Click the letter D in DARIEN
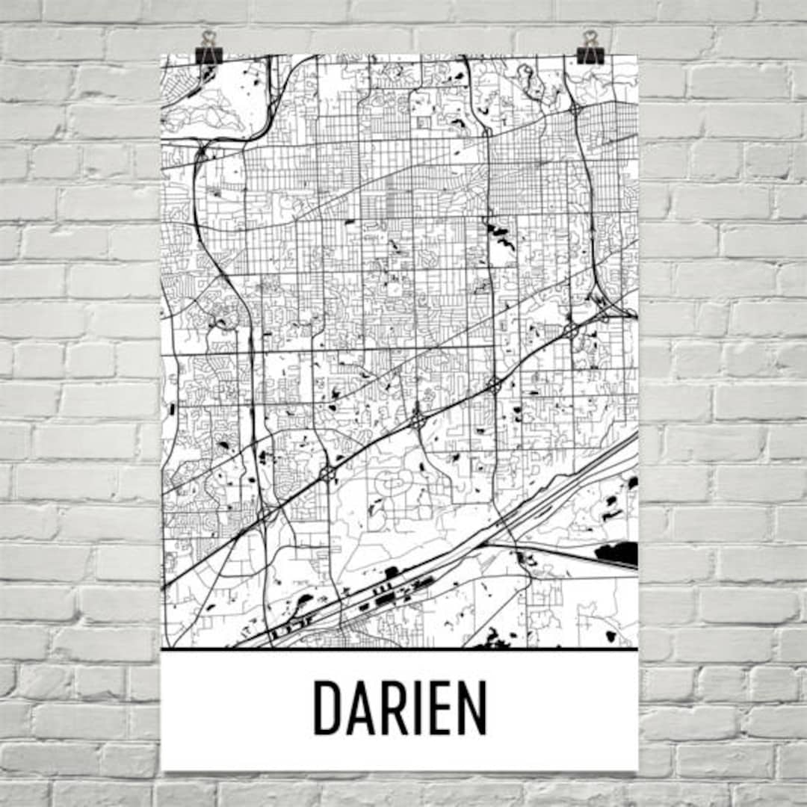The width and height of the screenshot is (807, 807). tap(327, 708)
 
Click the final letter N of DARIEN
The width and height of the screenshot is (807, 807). tap(473, 708)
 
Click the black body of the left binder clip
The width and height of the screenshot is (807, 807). tap(208, 55)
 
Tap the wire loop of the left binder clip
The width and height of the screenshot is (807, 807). tap(208, 37)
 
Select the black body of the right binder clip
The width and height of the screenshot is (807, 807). tap(590, 55)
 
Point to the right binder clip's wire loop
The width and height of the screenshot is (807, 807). tap(590, 37)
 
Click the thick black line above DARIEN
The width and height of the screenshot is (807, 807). tap(400, 649)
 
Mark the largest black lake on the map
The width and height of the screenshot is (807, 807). tap(617, 554)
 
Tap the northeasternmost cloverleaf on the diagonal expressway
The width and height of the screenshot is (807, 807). tap(572, 328)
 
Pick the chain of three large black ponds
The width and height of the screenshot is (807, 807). tap(498, 235)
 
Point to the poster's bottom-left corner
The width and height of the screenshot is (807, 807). tap(162, 770)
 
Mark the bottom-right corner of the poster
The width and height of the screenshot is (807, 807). tap(637, 770)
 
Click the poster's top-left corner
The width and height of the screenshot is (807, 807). tap(162, 55)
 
